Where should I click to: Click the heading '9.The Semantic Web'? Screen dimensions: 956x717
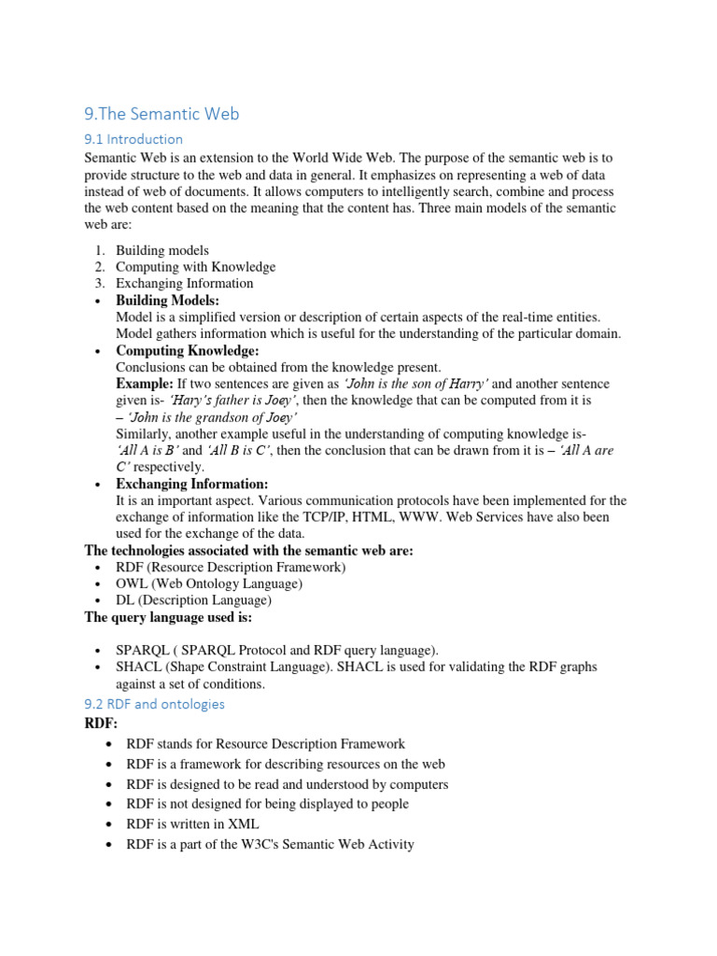pyautogui.click(x=162, y=114)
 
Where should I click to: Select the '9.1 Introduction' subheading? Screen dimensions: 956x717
pyautogui.click(x=134, y=139)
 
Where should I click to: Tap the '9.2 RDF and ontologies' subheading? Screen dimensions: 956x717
pyautogui.click(x=154, y=704)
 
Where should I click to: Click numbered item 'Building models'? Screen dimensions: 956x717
pyautogui.click(x=162, y=250)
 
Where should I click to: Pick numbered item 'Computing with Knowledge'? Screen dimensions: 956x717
pyautogui.click(x=195, y=267)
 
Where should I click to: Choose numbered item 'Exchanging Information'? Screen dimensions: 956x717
pyautogui.click(x=184, y=283)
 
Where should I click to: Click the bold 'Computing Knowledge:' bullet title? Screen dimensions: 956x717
pyautogui.click(x=187, y=351)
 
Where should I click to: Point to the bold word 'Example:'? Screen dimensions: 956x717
pyautogui.click(x=145, y=384)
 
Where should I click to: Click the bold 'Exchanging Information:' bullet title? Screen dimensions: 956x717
pyautogui.click(x=191, y=485)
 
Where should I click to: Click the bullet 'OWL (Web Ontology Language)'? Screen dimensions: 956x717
pyautogui.click(x=208, y=583)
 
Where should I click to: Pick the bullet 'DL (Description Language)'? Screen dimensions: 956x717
pyautogui.click(x=193, y=600)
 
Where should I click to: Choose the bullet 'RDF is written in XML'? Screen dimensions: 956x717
pyautogui.click(x=192, y=824)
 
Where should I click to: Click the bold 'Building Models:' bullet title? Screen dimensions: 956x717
pyautogui.click(x=168, y=301)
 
